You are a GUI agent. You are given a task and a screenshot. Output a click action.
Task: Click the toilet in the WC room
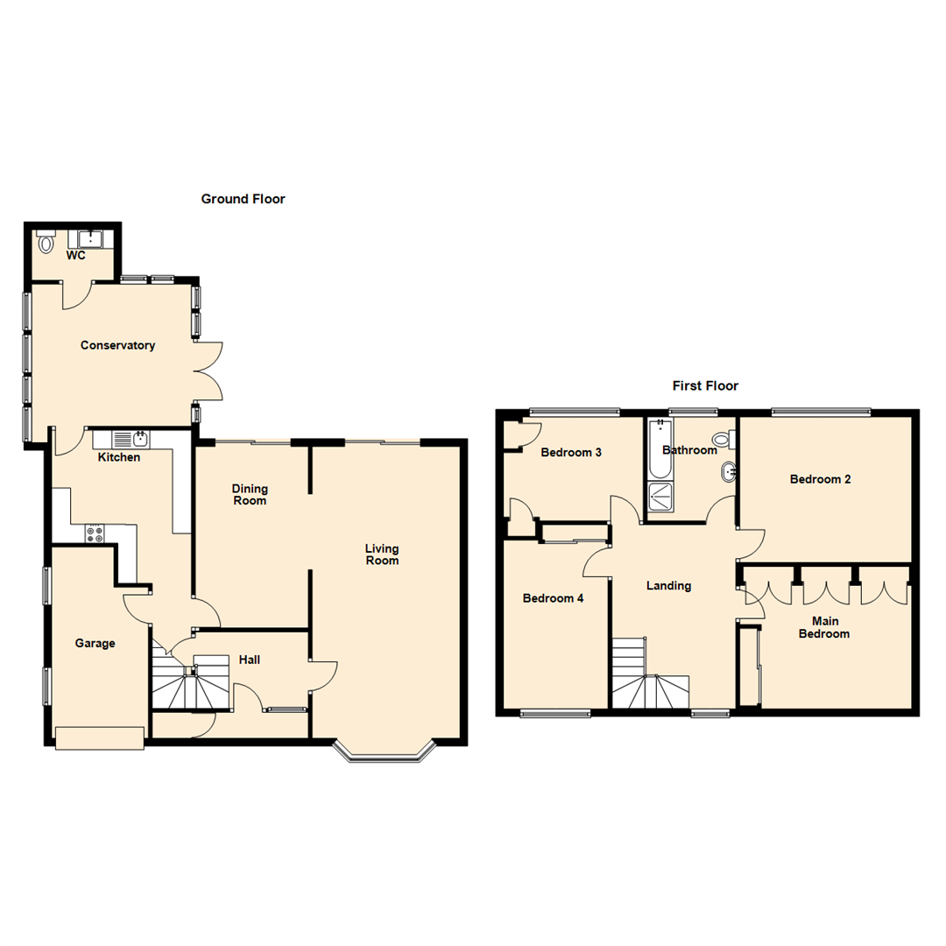click(x=46, y=243)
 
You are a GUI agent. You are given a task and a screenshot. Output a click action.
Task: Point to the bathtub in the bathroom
click(x=659, y=448)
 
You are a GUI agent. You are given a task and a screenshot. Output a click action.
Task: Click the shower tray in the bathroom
click(x=660, y=498)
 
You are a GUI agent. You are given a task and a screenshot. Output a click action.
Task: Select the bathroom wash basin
click(x=727, y=473)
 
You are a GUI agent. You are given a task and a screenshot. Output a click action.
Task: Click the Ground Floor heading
click(x=243, y=200)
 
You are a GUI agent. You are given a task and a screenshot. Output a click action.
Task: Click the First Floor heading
click(x=705, y=385)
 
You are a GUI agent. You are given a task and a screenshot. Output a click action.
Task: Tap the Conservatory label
click(x=117, y=345)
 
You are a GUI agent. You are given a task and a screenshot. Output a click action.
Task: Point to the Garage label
click(x=95, y=643)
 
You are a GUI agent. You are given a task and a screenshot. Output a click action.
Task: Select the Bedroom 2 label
click(x=820, y=479)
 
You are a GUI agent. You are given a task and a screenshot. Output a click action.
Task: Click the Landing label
click(x=668, y=586)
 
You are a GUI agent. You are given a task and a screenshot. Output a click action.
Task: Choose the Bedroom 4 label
click(x=553, y=599)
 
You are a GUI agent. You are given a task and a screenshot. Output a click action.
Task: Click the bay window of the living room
click(x=385, y=754)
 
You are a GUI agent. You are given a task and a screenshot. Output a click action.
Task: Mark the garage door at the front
click(x=99, y=738)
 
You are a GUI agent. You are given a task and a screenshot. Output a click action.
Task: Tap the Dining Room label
click(x=250, y=495)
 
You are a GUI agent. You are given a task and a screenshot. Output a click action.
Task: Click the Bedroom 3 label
click(x=570, y=453)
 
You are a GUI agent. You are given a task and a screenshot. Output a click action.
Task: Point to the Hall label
click(x=249, y=660)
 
